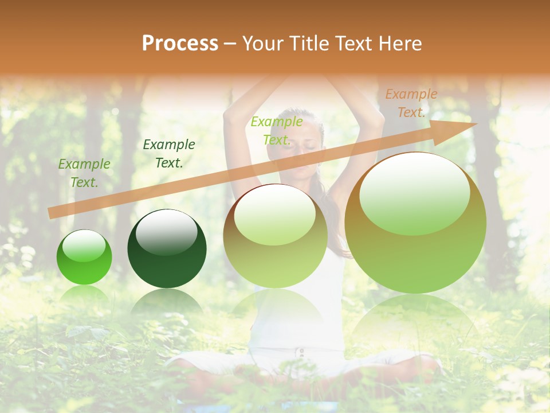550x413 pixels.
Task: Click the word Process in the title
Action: [180, 44]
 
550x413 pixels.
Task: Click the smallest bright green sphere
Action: [84, 257]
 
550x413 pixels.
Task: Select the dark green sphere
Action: [167, 249]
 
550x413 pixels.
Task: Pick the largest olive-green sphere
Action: [415, 223]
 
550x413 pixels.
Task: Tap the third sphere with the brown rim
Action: [275, 235]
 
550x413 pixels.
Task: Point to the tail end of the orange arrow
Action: [52, 213]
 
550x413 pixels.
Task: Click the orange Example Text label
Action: [411, 103]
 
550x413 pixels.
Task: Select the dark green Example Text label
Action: [168, 154]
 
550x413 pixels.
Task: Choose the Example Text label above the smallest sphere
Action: [84, 173]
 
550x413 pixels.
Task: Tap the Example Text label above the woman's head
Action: [277, 130]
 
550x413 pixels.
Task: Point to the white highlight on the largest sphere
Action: [414, 192]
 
